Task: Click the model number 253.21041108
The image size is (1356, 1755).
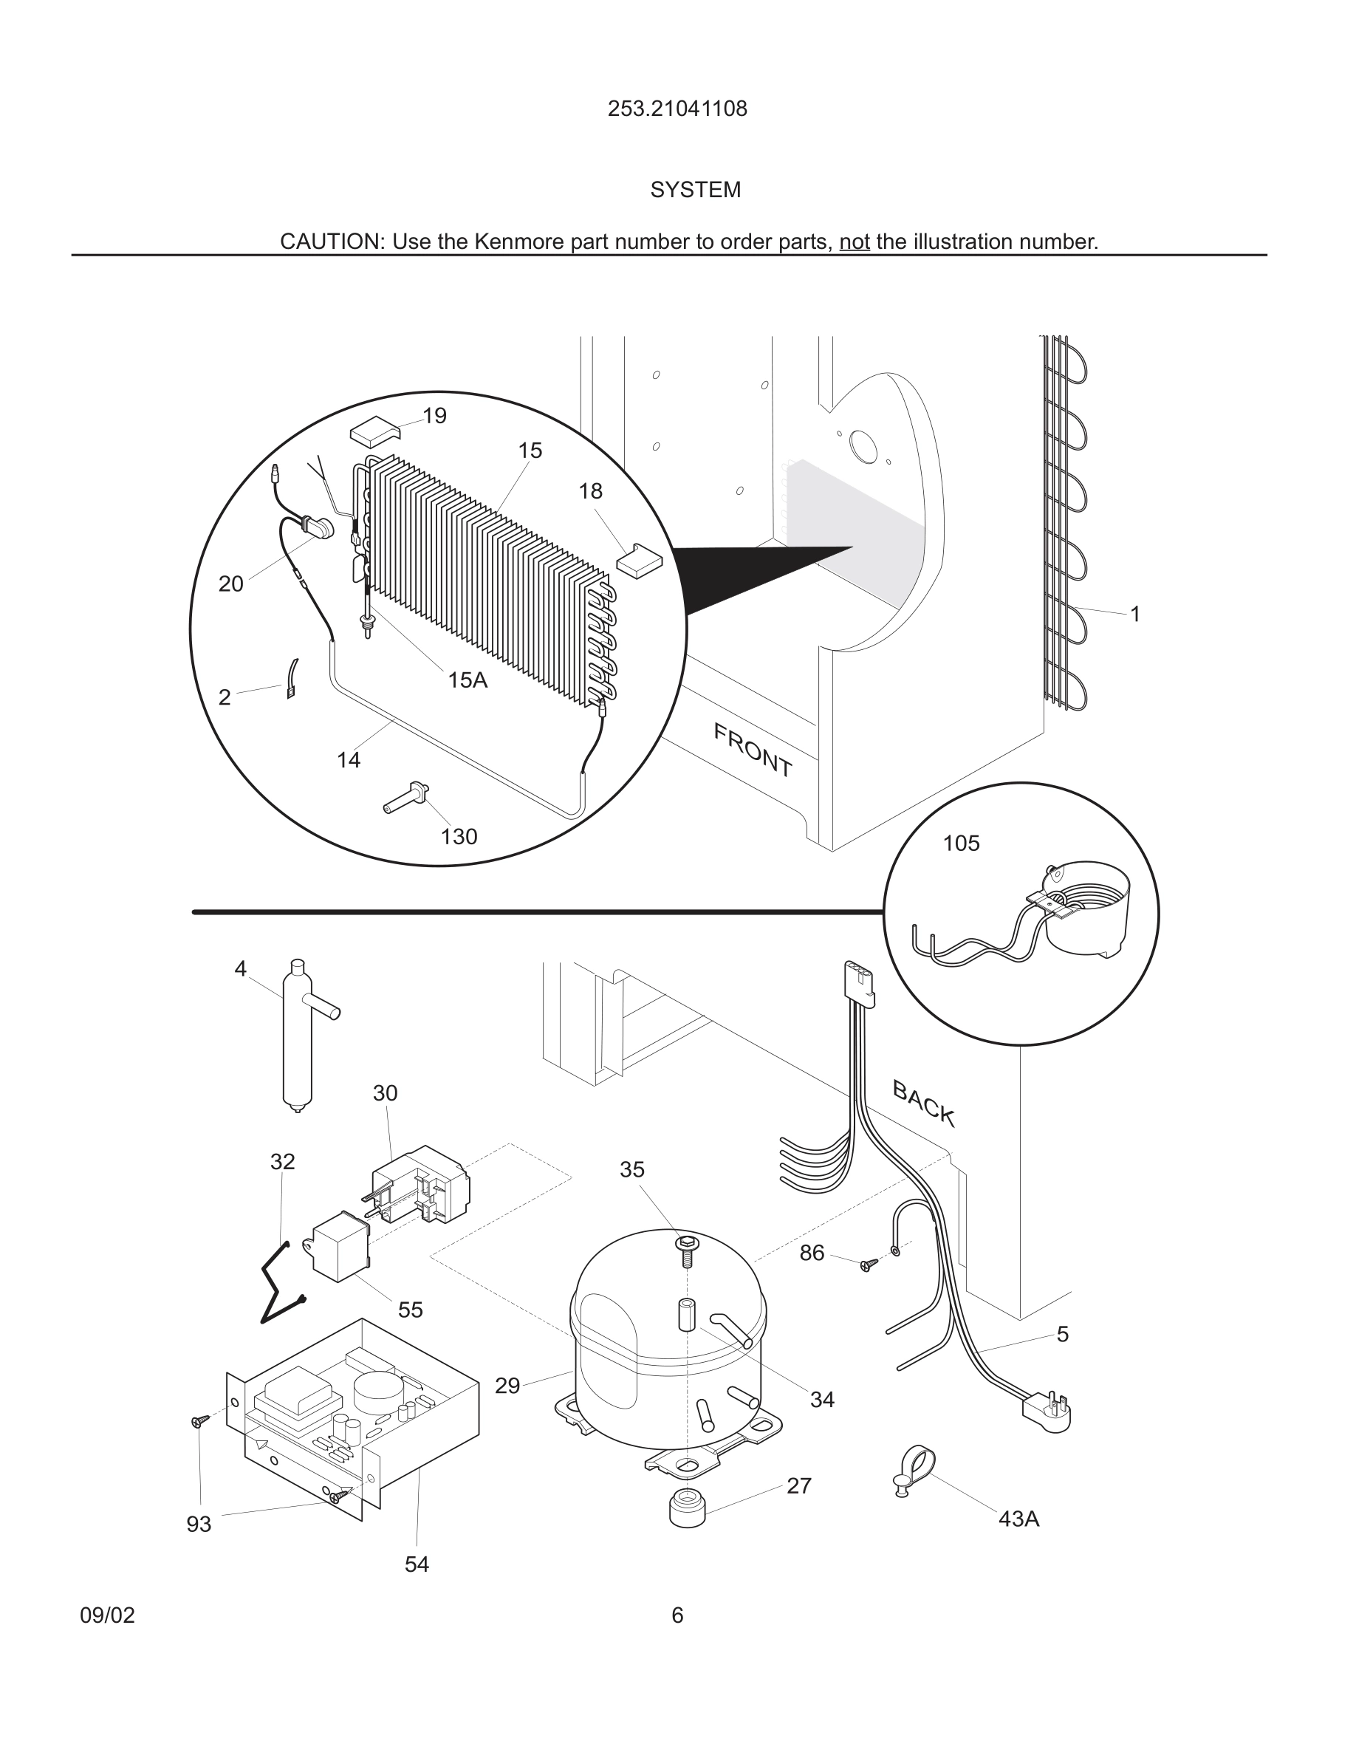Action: click(677, 109)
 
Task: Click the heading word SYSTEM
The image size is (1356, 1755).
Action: click(695, 191)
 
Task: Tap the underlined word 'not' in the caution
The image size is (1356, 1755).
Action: click(854, 242)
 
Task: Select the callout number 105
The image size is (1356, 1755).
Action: click(961, 844)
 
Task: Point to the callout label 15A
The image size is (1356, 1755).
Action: click(467, 680)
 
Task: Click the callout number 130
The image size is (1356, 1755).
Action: click(459, 838)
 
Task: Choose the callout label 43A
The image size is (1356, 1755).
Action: click(1018, 1519)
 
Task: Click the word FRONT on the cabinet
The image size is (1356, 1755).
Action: click(753, 750)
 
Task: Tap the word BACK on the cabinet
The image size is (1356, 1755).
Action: click(924, 1104)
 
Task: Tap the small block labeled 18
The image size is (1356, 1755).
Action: click(640, 560)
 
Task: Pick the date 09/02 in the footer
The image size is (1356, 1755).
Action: click(107, 1616)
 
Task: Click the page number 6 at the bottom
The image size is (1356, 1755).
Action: click(677, 1616)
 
